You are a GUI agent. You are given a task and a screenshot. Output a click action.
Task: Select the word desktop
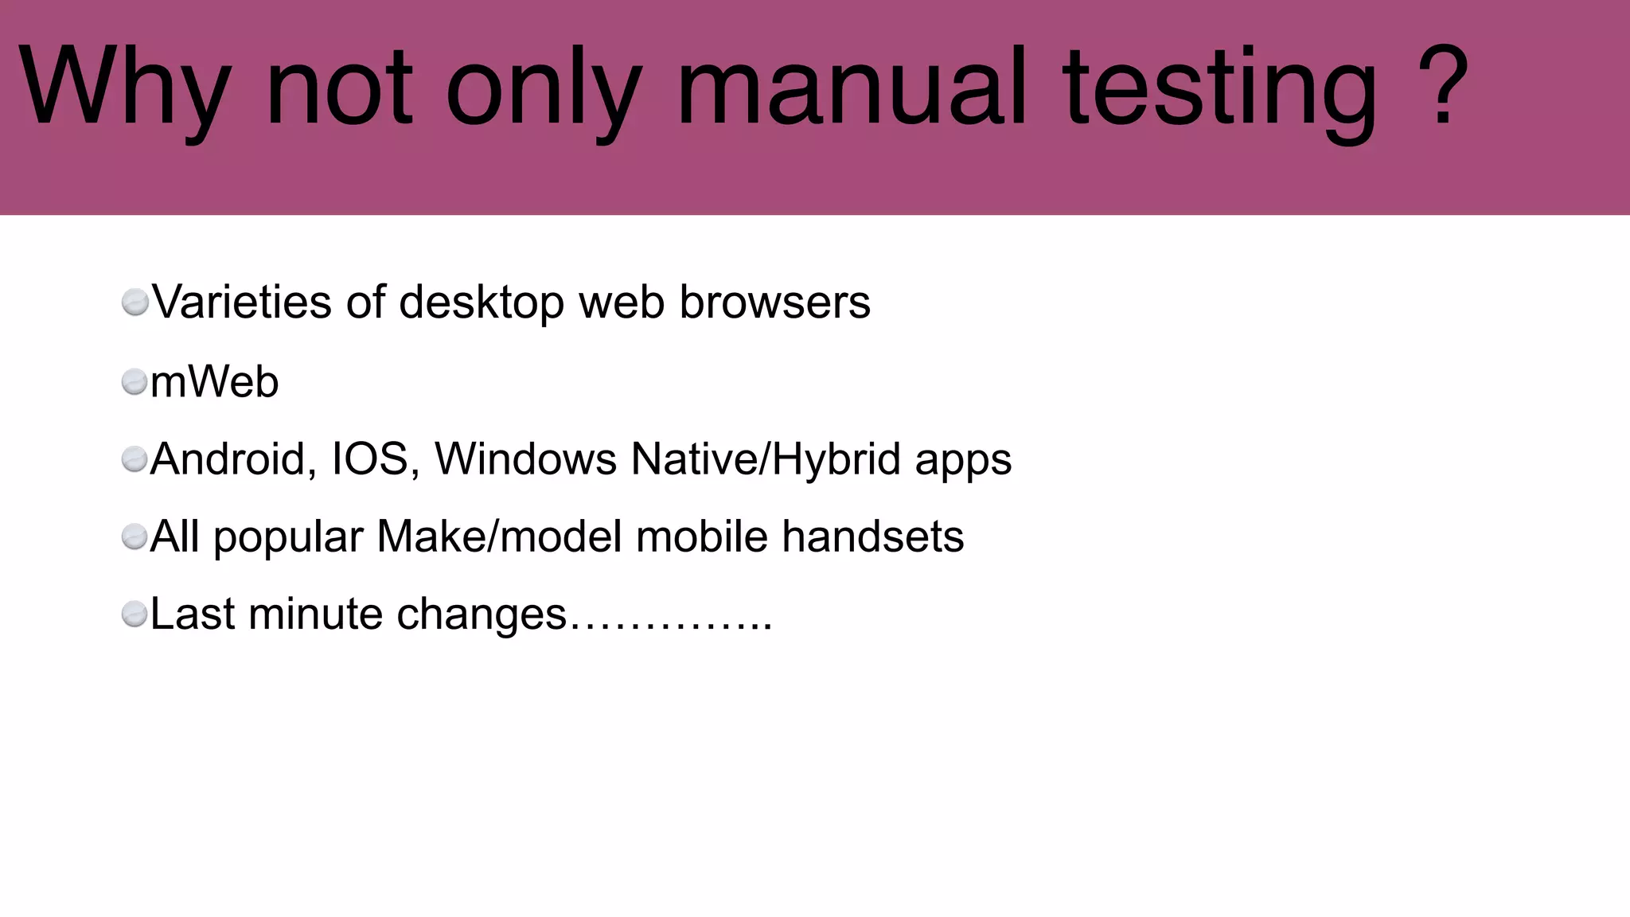pos(481,303)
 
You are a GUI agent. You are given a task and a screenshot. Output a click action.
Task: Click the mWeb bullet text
pos(214,381)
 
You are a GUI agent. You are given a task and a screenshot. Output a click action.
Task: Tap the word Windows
pos(525,459)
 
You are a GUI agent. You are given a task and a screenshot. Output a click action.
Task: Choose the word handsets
pos(872,536)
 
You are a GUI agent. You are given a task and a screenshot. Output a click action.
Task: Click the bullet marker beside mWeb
pos(135,382)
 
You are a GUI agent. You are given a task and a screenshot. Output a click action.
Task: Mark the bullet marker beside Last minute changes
pos(135,615)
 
